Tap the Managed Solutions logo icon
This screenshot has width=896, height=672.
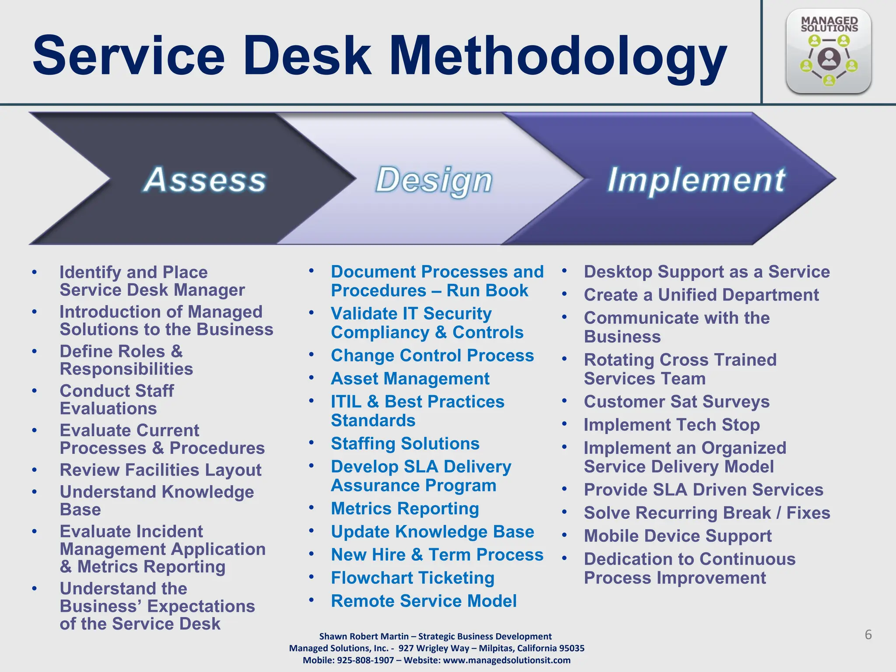[x=828, y=52]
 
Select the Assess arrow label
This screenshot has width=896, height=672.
[x=205, y=179]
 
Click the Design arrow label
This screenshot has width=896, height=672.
[x=434, y=180]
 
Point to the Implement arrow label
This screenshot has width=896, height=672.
[x=696, y=179]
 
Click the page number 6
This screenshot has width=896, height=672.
[x=868, y=634]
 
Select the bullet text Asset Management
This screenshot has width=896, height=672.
[x=410, y=378]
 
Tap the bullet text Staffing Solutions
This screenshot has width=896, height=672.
[x=405, y=443]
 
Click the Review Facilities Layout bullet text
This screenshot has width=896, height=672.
[x=161, y=469]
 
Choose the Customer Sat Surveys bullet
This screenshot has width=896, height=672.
[x=676, y=401]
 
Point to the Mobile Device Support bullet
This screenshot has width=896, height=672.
[x=678, y=535]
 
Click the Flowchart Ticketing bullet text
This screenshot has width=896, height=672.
[x=413, y=577]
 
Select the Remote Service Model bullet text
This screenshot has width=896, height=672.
[x=423, y=601]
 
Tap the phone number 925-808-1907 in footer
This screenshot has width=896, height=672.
[x=365, y=660]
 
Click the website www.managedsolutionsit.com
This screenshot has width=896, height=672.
[x=507, y=660]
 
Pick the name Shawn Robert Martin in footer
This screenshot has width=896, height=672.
[x=364, y=636]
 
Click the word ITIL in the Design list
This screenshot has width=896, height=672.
[x=346, y=401]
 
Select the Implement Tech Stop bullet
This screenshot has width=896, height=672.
[x=672, y=424]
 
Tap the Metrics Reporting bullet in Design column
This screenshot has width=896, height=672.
[x=405, y=508]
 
